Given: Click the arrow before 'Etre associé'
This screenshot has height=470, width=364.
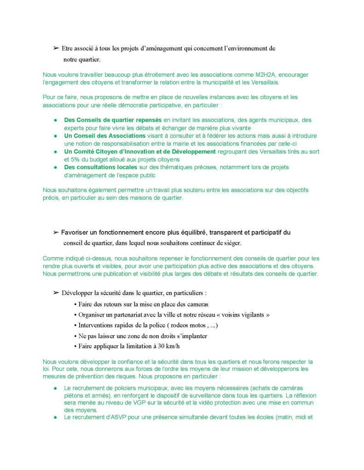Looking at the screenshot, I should click(57, 48).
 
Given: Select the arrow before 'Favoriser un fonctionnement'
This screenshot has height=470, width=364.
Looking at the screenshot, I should click(57, 232).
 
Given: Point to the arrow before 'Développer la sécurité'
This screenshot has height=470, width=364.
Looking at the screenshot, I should click(57, 293).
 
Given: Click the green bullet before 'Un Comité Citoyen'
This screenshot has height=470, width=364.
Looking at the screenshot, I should click(55, 152).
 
